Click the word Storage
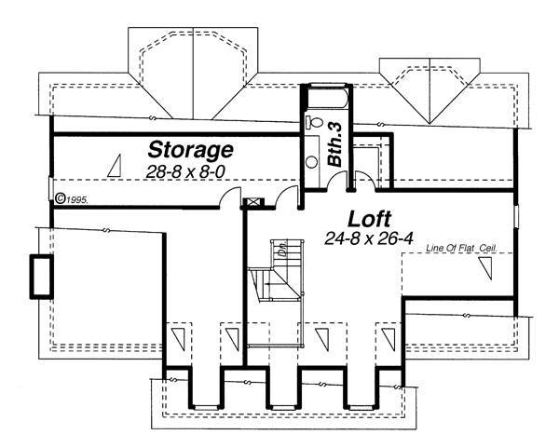pyautogui.click(x=191, y=150)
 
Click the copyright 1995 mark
pyautogui.click(x=71, y=198)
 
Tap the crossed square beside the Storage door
pyautogui.click(x=252, y=201)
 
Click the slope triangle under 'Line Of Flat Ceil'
pyautogui.click(x=486, y=270)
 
